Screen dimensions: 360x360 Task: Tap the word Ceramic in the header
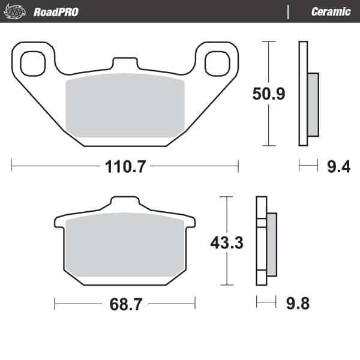pyautogui.click(x=331, y=12)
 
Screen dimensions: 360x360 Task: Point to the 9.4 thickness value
pyautogui.click(x=338, y=167)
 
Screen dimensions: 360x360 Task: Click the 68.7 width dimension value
pyautogui.click(x=125, y=304)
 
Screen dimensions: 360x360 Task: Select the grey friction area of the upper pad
pyautogui.click(x=125, y=105)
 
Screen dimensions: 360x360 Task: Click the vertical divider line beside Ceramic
pyautogui.click(x=289, y=12)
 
